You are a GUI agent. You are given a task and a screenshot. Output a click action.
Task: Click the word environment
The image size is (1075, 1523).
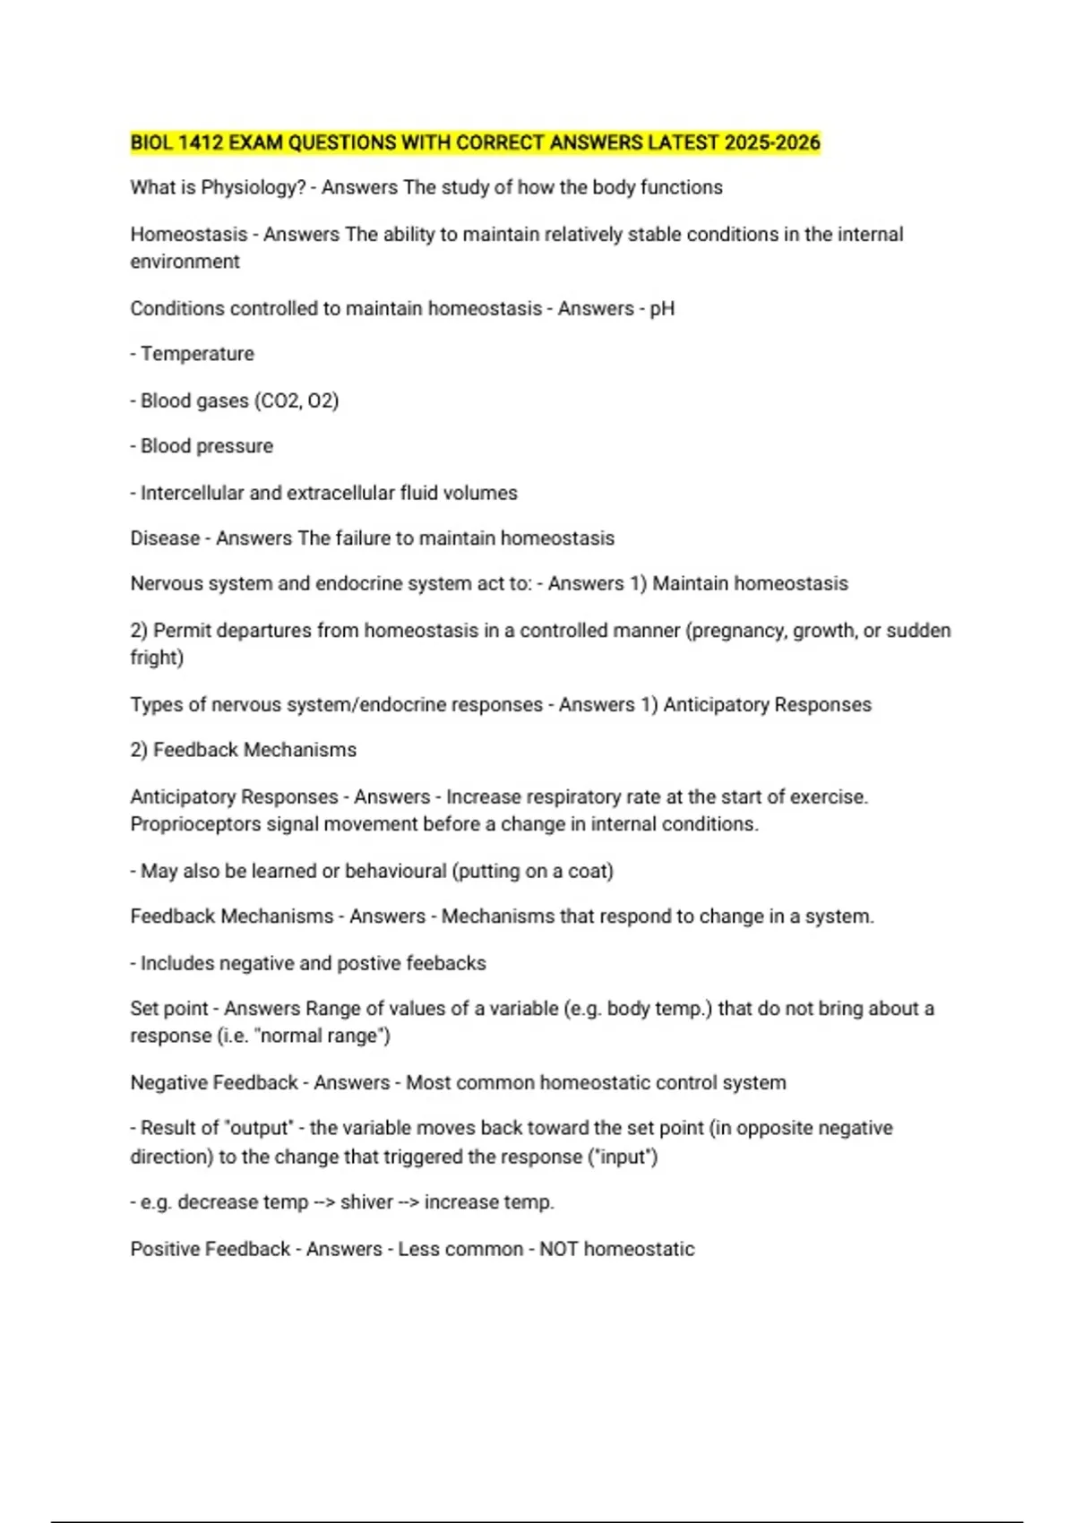pyautogui.click(x=185, y=262)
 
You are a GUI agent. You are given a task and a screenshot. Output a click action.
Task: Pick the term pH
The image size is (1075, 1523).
pyautogui.click(x=662, y=309)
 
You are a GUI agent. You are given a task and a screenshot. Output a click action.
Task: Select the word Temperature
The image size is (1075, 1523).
pyautogui.click(x=197, y=354)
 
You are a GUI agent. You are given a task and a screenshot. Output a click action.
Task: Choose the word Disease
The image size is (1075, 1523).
pyautogui.click(x=165, y=538)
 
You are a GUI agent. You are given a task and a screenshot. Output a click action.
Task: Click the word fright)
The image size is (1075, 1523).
pyautogui.click(x=157, y=658)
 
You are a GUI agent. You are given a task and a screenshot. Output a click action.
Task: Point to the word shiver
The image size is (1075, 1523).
pyautogui.click(x=366, y=1202)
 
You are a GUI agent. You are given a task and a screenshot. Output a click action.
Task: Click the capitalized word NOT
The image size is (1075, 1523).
pyautogui.click(x=558, y=1249)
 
